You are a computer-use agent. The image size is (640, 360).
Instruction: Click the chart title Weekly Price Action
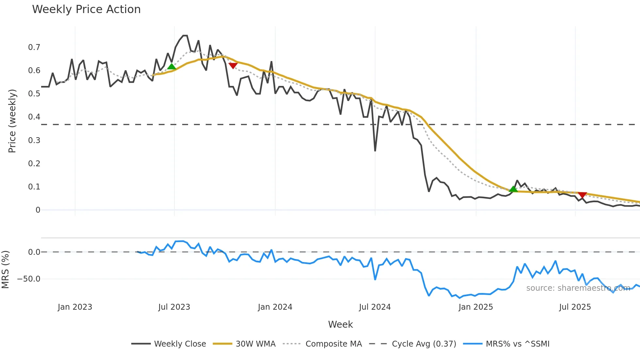(x=86, y=9)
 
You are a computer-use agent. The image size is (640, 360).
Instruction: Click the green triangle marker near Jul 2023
(x=171, y=67)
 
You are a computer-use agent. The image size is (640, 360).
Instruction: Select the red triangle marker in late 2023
(x=233, y=66)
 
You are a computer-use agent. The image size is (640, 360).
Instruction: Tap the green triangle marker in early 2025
(x=513, y=189)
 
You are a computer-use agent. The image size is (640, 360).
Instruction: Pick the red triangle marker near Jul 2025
(x=582, y=195)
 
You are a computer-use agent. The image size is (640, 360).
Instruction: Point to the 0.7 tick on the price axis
(x=34, y=47)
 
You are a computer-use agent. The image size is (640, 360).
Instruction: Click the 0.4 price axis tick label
(x=34, y=117)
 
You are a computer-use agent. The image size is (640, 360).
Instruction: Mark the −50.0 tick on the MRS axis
(x=29, y=279)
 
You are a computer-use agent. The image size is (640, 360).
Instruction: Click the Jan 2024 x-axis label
(x=275, y=307)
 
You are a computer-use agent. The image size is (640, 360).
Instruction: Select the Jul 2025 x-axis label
(x=575, y=307)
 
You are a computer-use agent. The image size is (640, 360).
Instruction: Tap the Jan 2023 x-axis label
(x=75, y=307)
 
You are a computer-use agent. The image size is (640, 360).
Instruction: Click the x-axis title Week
(x=340, y=324)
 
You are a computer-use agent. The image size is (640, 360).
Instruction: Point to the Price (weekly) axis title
(x=12, y=121)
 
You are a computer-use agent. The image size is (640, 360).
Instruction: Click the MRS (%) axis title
(x=5, y=270)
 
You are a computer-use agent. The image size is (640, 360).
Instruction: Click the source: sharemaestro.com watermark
(x=578, y=288)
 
